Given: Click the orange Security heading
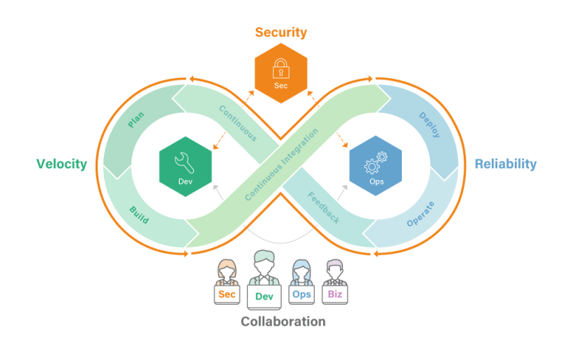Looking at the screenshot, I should (x=280, y=32).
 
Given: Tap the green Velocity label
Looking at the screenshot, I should (x=61, y=164).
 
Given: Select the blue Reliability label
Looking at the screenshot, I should (x=505, y=164).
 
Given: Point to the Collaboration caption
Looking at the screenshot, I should (x=283, y=321).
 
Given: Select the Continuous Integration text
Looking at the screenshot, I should (x=282, y=165).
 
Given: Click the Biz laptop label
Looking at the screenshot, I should (x=334, y=294).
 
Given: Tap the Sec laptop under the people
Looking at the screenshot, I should (x=227, y=295).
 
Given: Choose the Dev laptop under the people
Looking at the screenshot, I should (x=264, y=297).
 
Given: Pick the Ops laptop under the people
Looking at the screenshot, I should (x=301, y=294).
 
